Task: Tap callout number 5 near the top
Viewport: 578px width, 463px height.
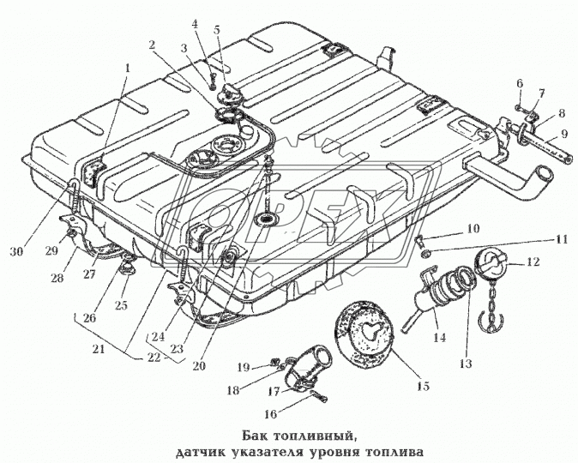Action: (216, 29)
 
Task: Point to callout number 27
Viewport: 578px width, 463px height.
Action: (88, 274)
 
